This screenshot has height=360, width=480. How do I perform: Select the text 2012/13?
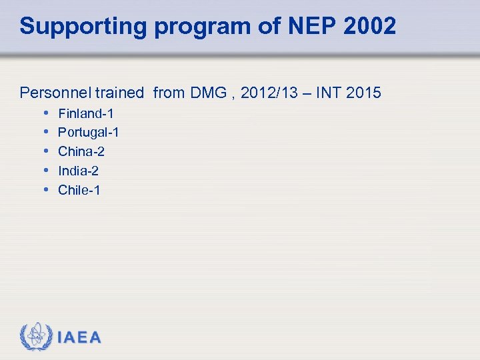tap(265, 93)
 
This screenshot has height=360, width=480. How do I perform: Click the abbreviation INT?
tap(329, 93)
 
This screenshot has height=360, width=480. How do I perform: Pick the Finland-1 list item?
tap(86, 114)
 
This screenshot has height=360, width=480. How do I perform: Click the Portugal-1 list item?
tap(89, 133)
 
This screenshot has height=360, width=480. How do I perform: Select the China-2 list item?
tap(81, 151)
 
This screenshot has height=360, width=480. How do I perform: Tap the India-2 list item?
tap(79, 171)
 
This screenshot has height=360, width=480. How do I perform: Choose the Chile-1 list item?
tap(79, 190)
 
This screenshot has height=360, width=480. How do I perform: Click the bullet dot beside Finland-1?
tap(45, 113)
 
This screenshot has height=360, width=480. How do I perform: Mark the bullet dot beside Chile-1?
tap(45, 189)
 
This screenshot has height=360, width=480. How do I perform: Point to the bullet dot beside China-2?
tap(45, 151)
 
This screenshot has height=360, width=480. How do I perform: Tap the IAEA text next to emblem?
tap(79, 337)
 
